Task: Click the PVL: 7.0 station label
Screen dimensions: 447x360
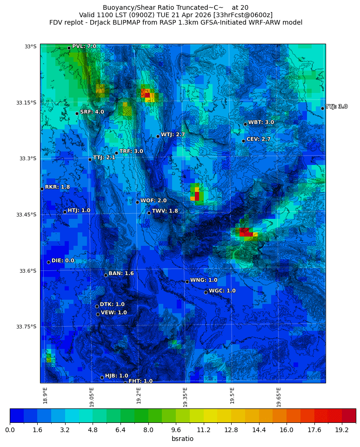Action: tap(84, 46)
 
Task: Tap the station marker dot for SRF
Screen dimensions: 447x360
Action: tap(77, 113)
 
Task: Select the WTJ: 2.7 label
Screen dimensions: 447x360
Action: tap(173, 135)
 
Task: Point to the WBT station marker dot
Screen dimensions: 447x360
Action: tap(245, 124)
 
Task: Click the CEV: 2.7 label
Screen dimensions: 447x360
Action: tap(259, 139)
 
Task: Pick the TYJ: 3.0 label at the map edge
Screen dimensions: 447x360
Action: tap(337, 107)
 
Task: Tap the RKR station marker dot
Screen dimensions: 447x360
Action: tap(42, 189)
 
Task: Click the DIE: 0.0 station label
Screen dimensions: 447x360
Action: tap(63, 261)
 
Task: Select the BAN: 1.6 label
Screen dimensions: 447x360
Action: tap(121, 274)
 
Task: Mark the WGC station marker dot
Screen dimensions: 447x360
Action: tap(206, 292)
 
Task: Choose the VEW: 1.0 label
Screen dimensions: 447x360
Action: tap(114, 313)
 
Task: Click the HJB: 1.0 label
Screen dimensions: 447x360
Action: tap(117, 376)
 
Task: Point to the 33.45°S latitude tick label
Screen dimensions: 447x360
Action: tap(26, 215)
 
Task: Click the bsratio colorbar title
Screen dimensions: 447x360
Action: tap(182, 439)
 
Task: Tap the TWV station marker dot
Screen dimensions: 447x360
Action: tap(149, 213)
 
